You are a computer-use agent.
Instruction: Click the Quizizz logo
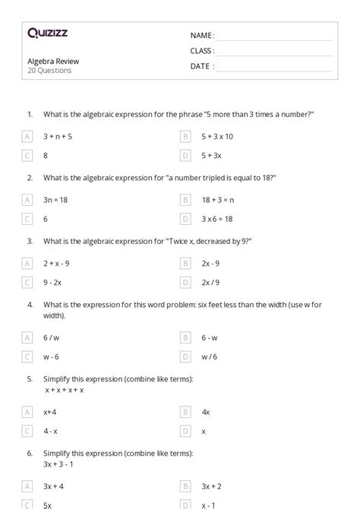tap(47, 33)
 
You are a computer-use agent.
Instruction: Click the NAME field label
tap(202, 35)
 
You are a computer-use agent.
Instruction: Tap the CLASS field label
tap(202, 51)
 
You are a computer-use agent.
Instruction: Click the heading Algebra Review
tap(53, 61)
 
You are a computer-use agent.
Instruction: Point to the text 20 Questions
tap(49, 71)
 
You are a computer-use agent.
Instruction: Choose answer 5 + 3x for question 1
tap(211, 155)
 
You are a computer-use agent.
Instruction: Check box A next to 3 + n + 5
tap(28, 137)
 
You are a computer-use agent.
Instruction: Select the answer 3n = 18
tap(56, 200)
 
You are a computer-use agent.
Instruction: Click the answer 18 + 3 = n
tap(218, 200)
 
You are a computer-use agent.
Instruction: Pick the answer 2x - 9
tap(210, 264)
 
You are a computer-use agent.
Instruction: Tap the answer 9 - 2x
tap(52, 282)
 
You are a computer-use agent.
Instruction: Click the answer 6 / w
tap(51, 337)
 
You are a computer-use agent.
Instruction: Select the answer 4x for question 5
tap(205, 411)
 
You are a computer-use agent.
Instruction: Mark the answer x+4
tap(51, 411)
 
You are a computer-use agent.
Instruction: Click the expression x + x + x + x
tap(64, 389)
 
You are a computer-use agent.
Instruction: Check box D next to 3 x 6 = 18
tap(185, 219)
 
